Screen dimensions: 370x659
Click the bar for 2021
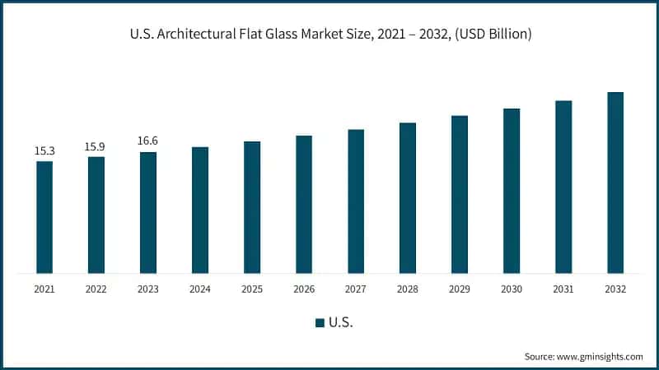coord(44,217)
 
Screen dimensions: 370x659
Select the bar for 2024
coord(200,210)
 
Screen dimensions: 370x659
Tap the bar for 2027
coord(356,201)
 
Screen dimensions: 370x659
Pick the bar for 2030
coord(512,191)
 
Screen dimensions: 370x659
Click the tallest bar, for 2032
coord(615,183)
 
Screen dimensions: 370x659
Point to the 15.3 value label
coord(44,151)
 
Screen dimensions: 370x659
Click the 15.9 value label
coord(96,147)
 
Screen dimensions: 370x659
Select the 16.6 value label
coord(147,141)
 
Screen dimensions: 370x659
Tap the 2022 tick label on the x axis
coord(96,289)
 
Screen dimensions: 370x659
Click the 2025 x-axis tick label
coord(252,289)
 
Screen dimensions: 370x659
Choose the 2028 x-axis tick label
coord(408,289)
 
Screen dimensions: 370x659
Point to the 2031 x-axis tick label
coord(563,289)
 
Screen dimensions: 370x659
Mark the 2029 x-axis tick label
coord(460,289)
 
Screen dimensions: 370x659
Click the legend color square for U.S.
coord(320,323)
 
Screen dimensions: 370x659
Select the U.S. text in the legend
coord(341,323)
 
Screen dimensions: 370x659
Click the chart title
coord(329,34)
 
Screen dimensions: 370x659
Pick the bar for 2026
coord(304,204)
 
